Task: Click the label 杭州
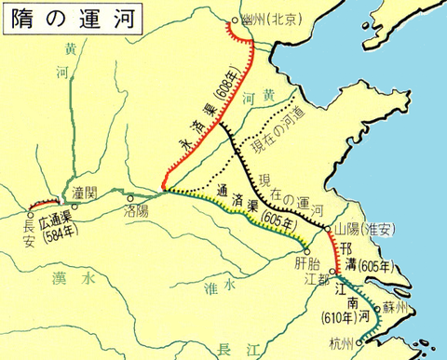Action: [x=342, y=344]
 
